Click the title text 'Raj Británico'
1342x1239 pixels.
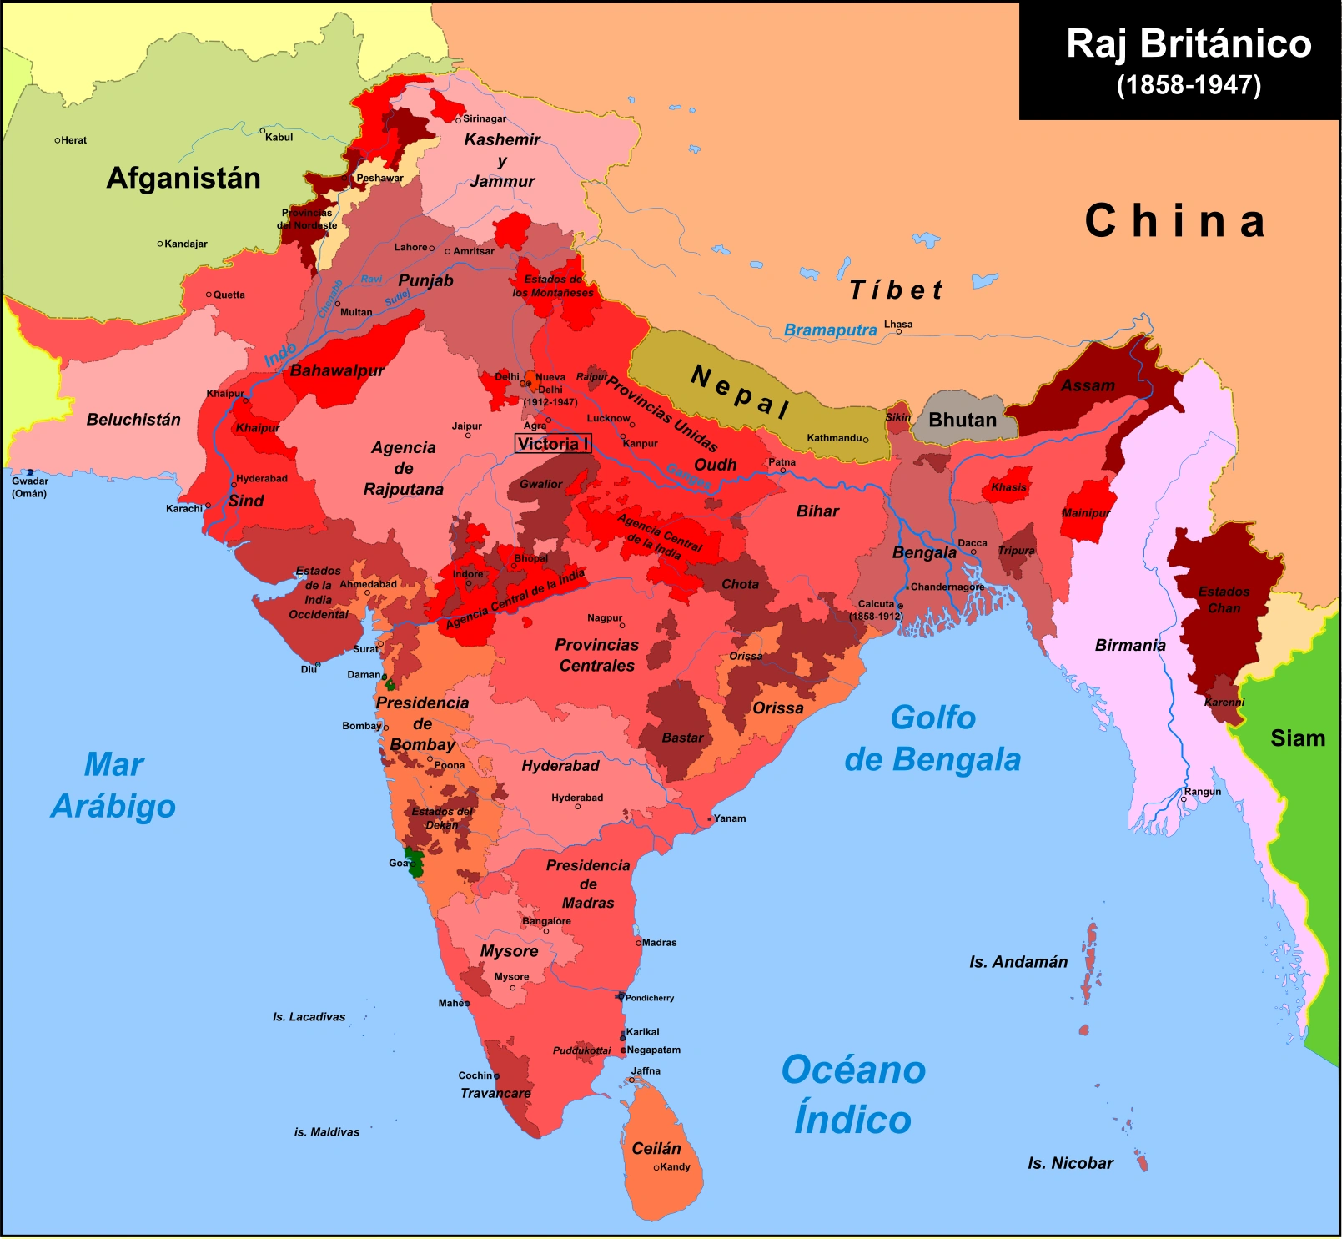pyautogui.click(x=1189, y=44)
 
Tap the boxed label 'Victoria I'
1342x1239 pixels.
pyautogui.click(x=553, y=444)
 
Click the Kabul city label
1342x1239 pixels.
pyautogui.click(x=279, y=138)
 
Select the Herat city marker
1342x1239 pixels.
pyautogui.click(x=57, y=140)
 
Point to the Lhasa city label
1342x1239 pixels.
pyautogui.click(x=898, y=325)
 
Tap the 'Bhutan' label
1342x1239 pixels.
pyautogui.click(x=963, y=420)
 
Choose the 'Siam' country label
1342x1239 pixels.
pyautogui.click(x=1297, y=738)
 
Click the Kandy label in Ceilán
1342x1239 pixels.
pyautogui.click(x=675, y=1167)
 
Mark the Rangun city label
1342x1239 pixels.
pyautogui.click(x=1203, y=792)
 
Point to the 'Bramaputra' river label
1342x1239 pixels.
pyautogui.click(x=830, y=330)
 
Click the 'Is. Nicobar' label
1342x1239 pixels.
pyautogui.click(x=1070, y=1163)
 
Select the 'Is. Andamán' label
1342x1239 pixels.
pyautogui.click(x=1018, y=962)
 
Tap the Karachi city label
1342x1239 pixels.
pyautogui.click(x=183, y=509)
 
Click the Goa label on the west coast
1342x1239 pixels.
pyautogui.click(x=398, y=863)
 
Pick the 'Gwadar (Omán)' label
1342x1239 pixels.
pyautogui.click(x=29, y=487)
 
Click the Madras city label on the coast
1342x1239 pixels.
pyautogui.click(x=659, y=943)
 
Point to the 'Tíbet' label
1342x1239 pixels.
pyautogui.click(x=896, y=290)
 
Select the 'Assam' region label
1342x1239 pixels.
pyautogui.click(x=1088, y=385)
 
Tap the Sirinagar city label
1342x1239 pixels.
pyautogui.click(x=485, y=118)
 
